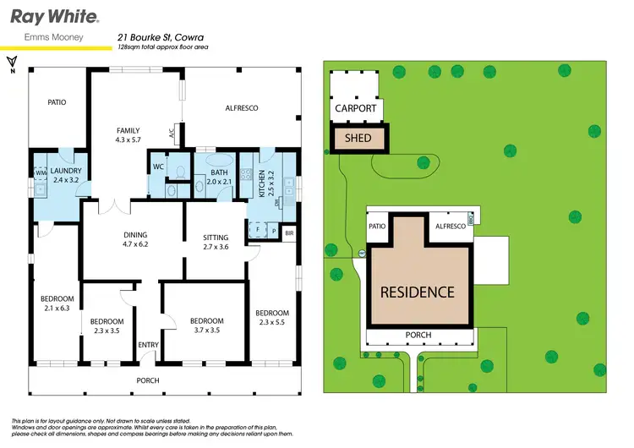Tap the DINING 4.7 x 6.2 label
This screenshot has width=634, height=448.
(135, 240)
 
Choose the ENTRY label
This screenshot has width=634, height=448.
(148, 345)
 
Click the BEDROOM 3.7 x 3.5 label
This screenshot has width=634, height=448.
(206, 325)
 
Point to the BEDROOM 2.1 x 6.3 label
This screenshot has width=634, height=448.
(57, 303)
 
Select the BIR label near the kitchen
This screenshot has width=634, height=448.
(289, 232)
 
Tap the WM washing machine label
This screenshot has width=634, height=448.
(40, 173)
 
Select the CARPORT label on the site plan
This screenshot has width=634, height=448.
(355, 109)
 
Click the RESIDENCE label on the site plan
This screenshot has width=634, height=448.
(417, 292)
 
